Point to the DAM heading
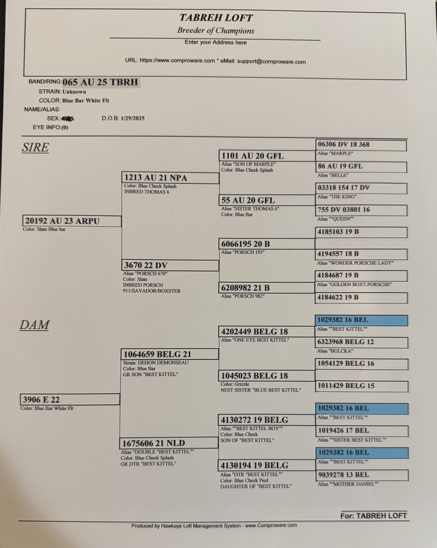(35, 325)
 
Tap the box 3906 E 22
(70, 400)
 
